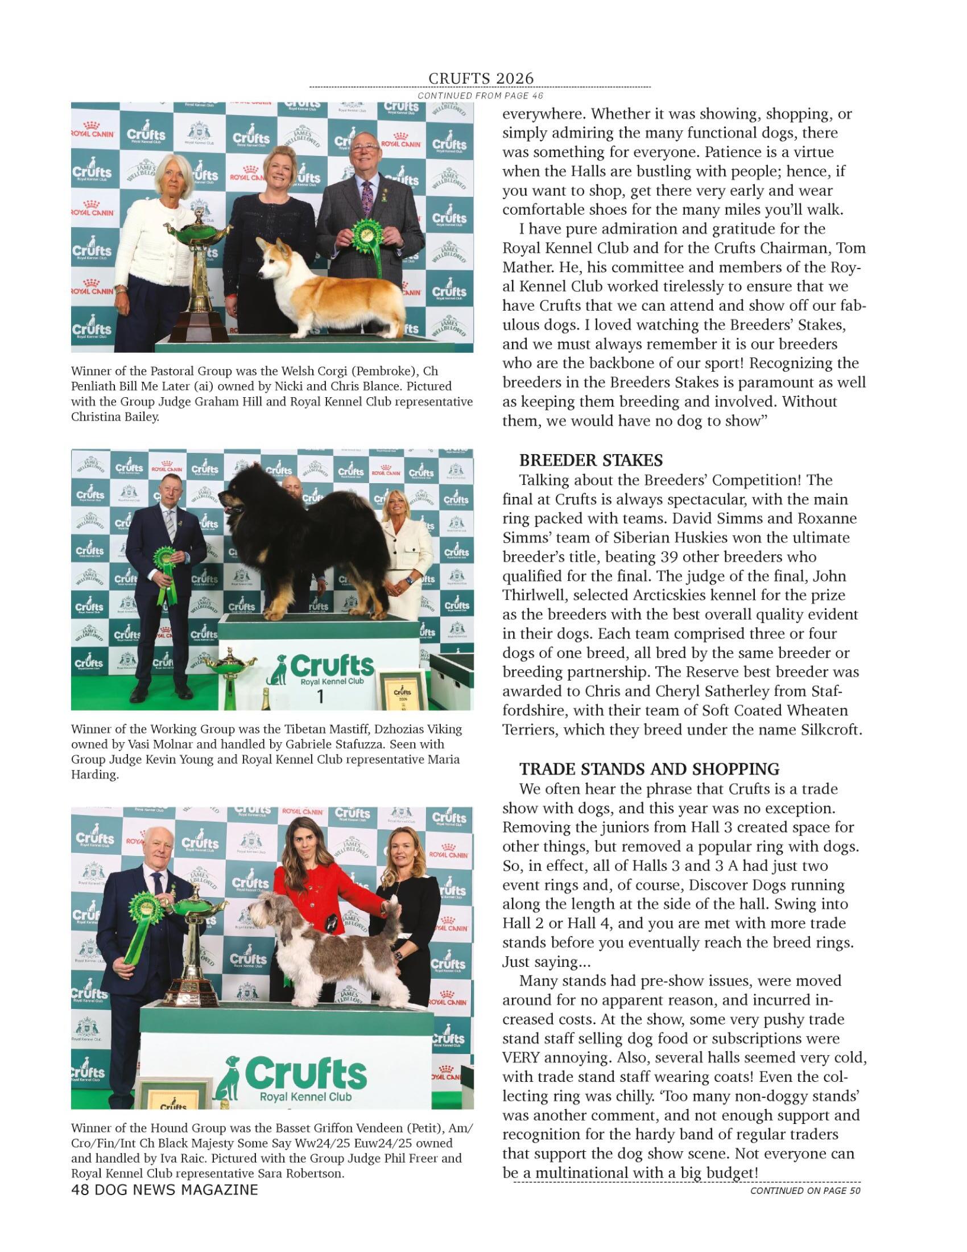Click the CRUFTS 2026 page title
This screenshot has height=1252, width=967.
pos(481,78)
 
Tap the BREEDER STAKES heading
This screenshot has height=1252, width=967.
pos(590,460)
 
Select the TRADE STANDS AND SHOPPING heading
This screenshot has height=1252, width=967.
pos(649,769)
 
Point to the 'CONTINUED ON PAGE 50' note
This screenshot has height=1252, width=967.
pos(805,1191)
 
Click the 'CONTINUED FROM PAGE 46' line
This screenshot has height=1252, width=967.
pos(480,96)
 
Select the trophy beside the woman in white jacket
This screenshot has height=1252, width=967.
pos(199,269)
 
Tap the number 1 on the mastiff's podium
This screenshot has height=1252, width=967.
pos(320,697)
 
